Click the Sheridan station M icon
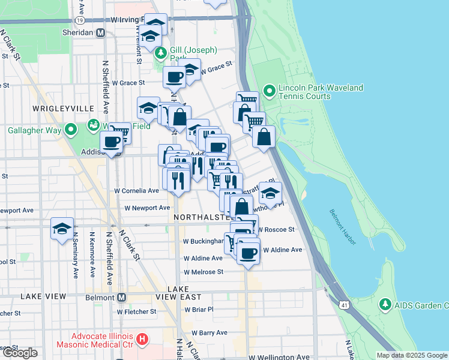click(101, 32)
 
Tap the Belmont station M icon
click(121, 297)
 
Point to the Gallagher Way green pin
click(71, 130)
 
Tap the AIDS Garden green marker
click(385, 305)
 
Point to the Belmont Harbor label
click(343, 227)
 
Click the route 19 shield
click(88, 20)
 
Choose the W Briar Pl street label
click(199, 310)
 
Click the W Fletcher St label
click(136, 311)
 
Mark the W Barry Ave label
click(209, 332)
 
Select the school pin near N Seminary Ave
click(62, 229)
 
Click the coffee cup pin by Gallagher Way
click(112, 142)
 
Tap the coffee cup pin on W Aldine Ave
click(248, 253)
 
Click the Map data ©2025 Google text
click(412, 355)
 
